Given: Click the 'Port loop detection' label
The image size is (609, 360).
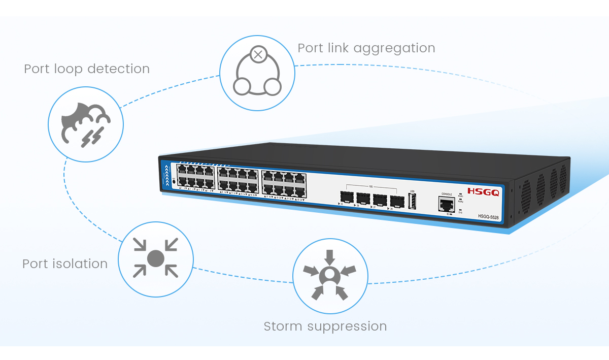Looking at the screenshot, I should tap(87, 69).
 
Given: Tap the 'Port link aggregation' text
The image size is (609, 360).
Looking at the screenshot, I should tap(366, 48).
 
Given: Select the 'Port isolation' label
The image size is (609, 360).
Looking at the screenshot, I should tap(65, 264).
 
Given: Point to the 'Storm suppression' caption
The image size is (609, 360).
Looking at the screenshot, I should tap(325, 326).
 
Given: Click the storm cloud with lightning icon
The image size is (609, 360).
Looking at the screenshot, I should tap(85, 123).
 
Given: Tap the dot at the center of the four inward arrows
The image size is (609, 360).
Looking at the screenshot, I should tap(155, 258).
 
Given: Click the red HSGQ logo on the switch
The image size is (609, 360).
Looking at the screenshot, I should tap(483, 192).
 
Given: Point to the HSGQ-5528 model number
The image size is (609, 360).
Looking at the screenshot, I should tap(488, 216).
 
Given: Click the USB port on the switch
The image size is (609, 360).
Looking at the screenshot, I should tap(412, 202).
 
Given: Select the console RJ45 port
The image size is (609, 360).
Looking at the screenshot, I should tap(447, 205).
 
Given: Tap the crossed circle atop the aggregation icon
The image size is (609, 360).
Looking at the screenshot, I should tap(258, 54).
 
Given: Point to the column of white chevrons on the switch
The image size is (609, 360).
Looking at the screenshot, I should tap(167, 176).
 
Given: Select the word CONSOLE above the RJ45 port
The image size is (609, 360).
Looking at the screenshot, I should tap(447, 194).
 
